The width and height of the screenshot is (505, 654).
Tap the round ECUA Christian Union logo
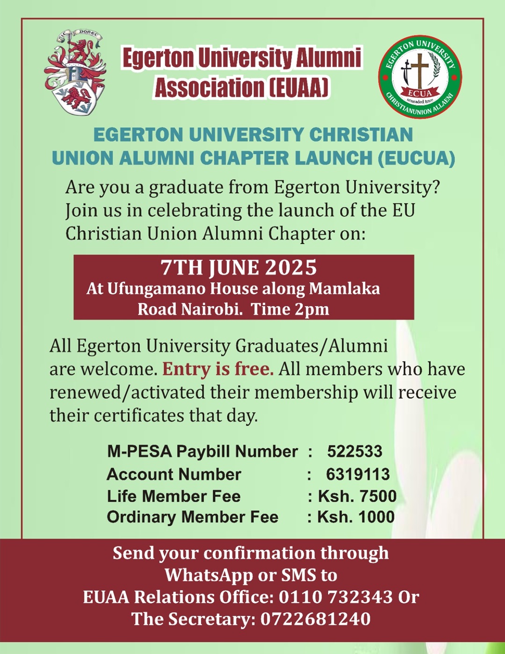pyautogui.click(x=419, y=77)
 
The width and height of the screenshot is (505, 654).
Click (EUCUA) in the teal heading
pyautogui.click(x=416, y=158)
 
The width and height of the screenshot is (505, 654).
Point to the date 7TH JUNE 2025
pyautogui.click(x=238, y=268)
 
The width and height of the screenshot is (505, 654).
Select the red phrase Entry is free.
pyautogui.click(x=218, y=369)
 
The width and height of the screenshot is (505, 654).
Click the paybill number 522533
pyautogui.click(x=354, y=451)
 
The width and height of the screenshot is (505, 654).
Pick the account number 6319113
pyautogui.click(x=358, y=474)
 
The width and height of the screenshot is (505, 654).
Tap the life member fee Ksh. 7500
pyautogui.click(x=357, y=496)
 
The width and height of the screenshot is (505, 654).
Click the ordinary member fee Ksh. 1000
pyautogui.click(x=356, y=517)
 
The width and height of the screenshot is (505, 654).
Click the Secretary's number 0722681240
pyautogui.click(x=315, y=619)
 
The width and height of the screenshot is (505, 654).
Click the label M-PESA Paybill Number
pyautogui.click(x=202, y=451)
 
